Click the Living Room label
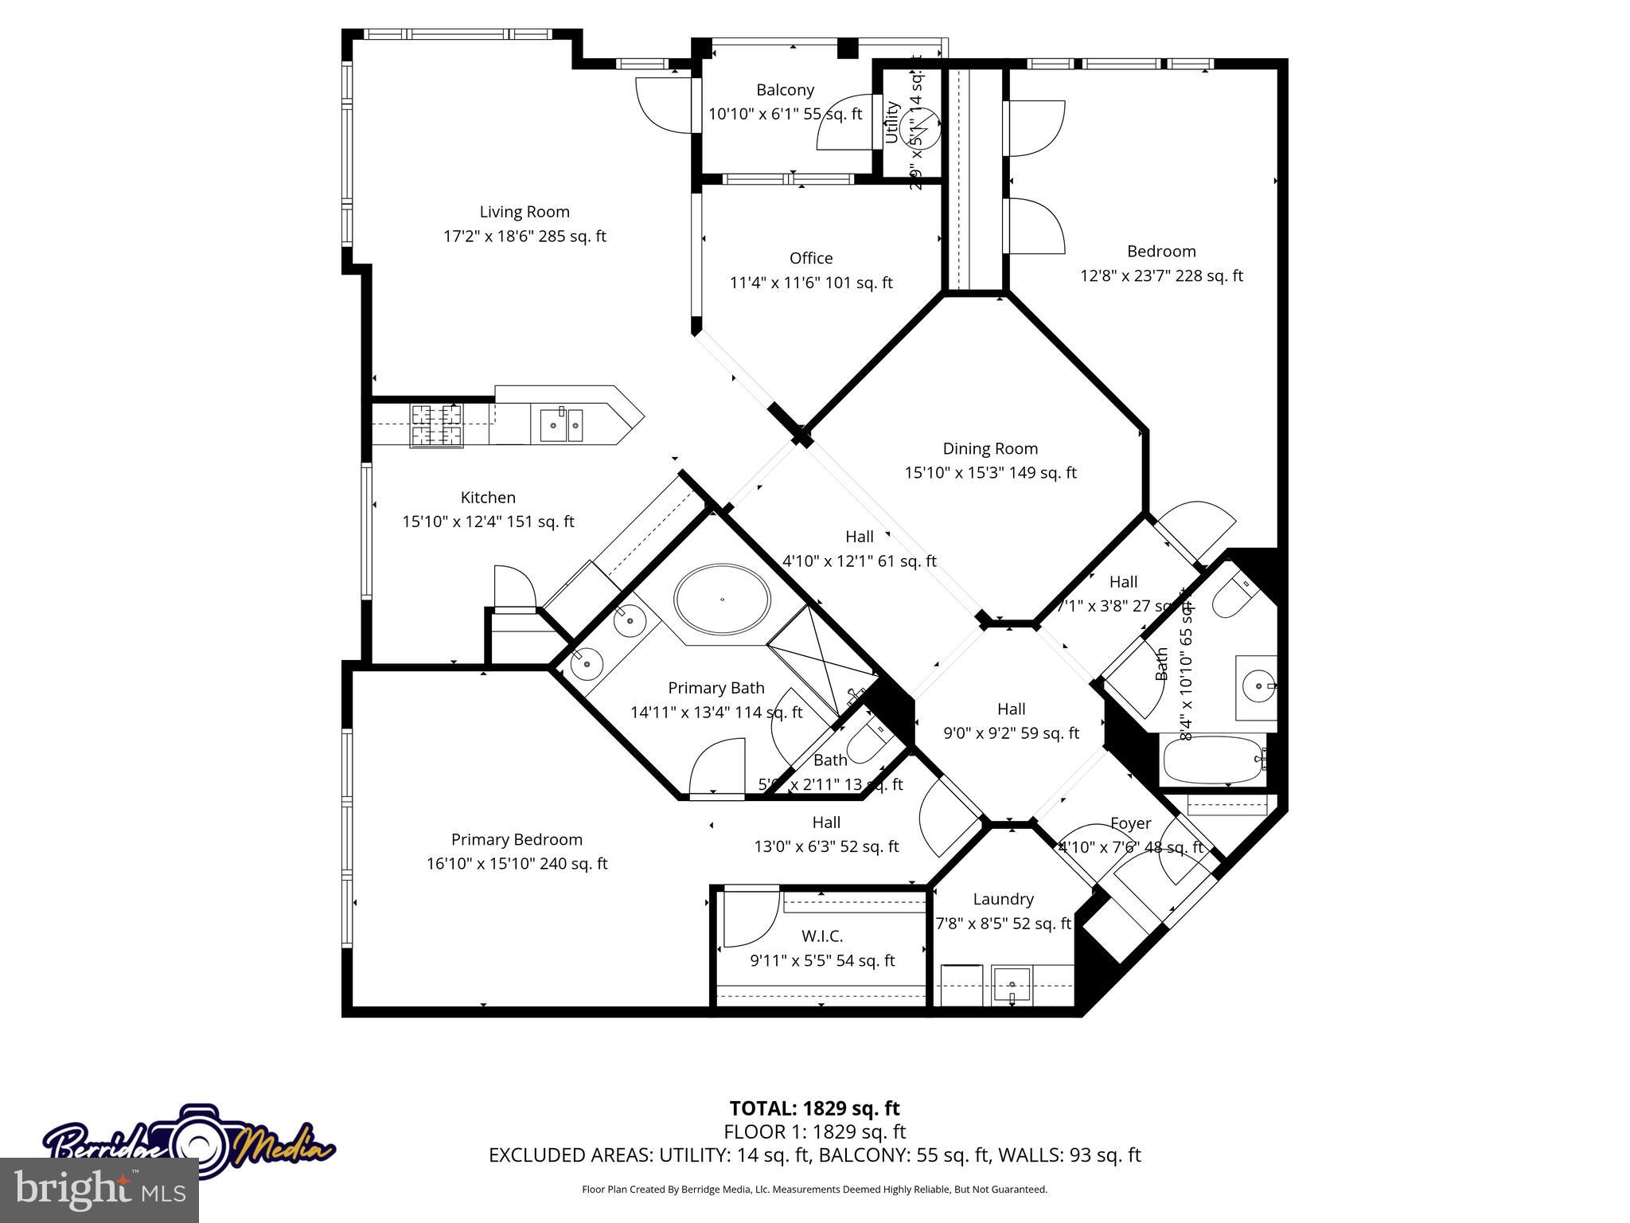click(x=524, y=212)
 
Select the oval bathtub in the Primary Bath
click(x=722, y=599)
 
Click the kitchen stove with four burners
click(x=436, y=425)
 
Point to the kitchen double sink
click(x=561, y=424)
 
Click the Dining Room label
click(x=990, y=448)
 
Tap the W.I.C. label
click(x=822, y=936)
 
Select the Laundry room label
click(x=1003, y=899)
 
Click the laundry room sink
click(x=1011, y=985)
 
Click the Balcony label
click(x=785, y=90)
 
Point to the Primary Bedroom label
click(x=517, y=839)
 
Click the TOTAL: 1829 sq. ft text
click(x=814, y=1108)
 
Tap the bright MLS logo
click(x=99, y=1190)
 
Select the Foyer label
click(x=1130, y=823)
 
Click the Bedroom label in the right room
click(x=1161, y=252)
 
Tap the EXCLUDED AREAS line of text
click(x=814, y=1155)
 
